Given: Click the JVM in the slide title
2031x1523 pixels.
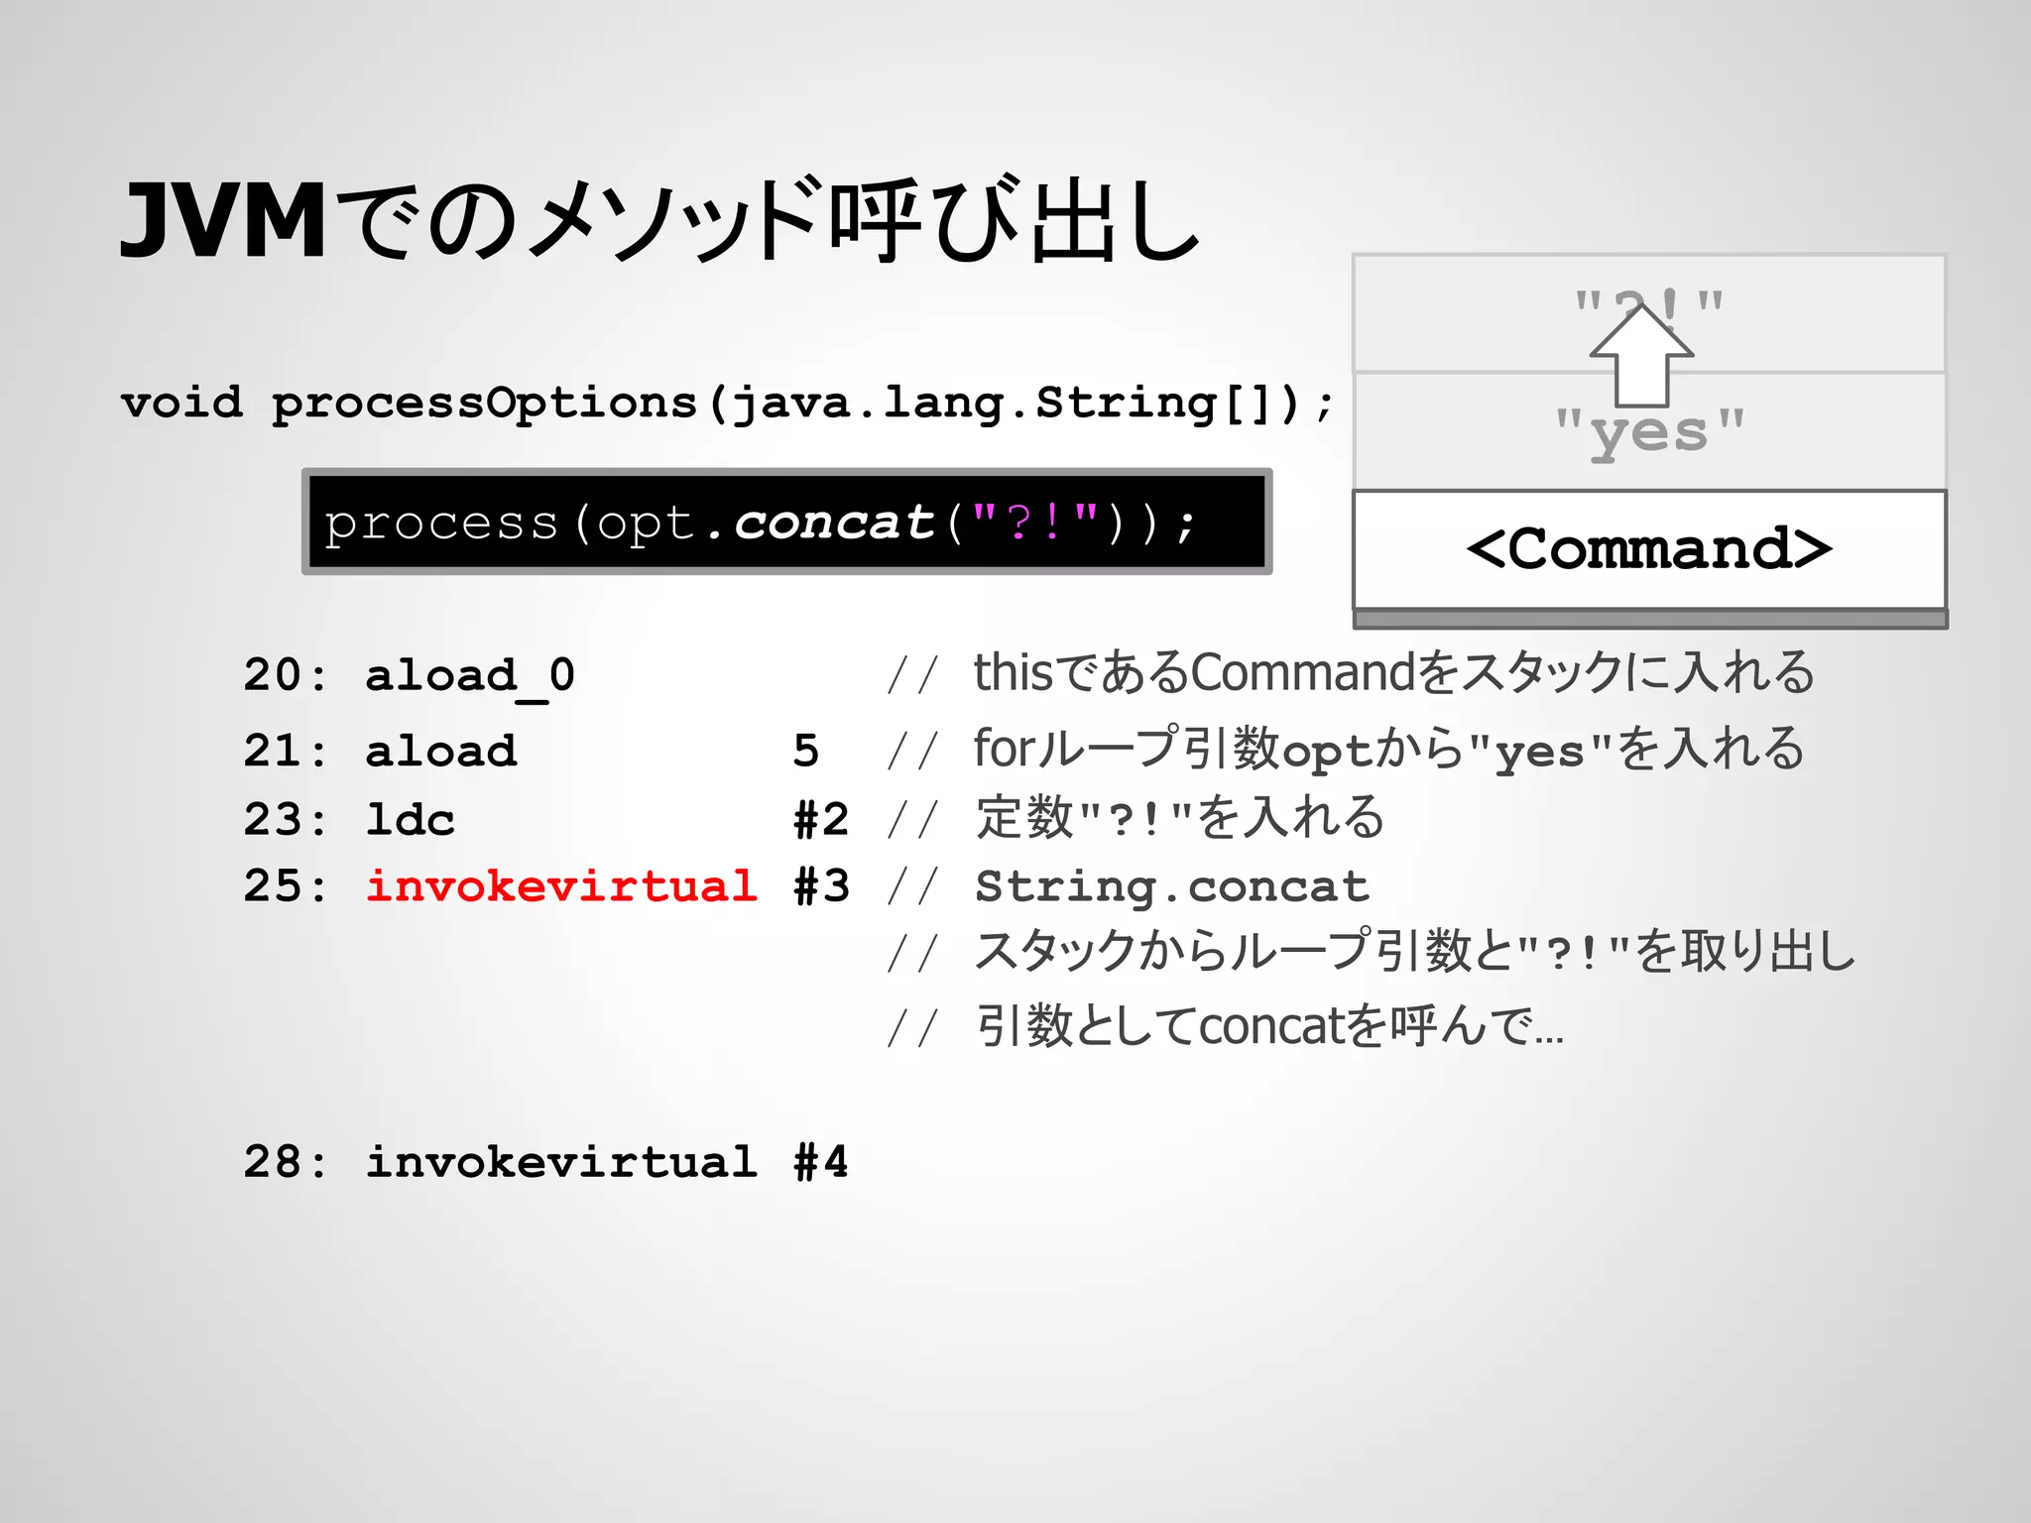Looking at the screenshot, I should click(223, 221).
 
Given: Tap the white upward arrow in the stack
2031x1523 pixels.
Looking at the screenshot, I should click(1641, 357).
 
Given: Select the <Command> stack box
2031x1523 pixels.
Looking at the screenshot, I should click(1649, 548).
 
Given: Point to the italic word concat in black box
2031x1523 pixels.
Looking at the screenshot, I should click(834, 523).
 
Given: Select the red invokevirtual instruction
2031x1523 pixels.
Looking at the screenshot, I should click(561, 885).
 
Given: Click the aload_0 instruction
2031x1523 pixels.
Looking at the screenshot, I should click(470, 676).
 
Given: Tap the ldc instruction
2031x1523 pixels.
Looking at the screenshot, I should click(410, 820).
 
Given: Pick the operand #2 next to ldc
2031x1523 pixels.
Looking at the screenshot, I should click(821, 820).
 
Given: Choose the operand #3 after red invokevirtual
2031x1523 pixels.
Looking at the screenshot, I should click(821, 885).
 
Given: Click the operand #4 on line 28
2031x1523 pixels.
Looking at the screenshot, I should click(821, 1161).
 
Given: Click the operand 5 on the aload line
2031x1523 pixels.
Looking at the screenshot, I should click(805, 751).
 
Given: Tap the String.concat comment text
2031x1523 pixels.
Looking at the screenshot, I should click(1171, 886).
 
